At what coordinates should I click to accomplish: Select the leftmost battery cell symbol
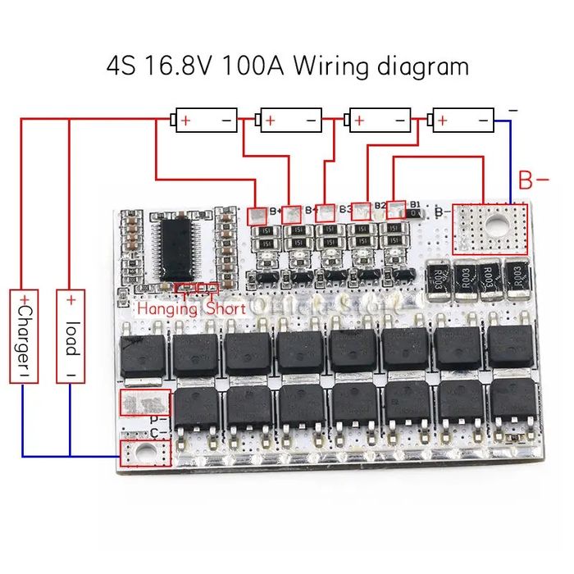pos(205,121)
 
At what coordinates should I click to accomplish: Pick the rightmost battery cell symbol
pos(463,121)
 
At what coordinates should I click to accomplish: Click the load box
pos(71,335)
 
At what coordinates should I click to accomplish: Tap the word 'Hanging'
pos(167,309)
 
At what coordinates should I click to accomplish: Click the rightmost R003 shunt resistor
pos(515,276)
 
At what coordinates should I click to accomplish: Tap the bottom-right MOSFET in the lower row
pos(512,403)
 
